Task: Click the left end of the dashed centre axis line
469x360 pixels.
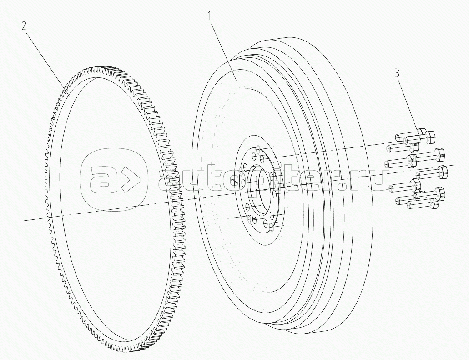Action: click(x=23, y=221)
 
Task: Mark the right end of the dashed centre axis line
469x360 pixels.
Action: click(x=456, y=164)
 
